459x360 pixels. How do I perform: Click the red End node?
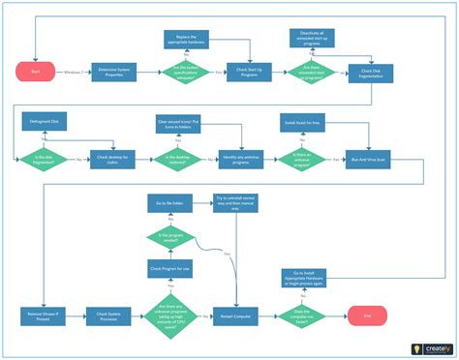tap(367, 315)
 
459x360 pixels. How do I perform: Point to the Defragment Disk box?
tap(41, 122)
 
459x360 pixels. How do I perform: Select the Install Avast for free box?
tap(301, 123)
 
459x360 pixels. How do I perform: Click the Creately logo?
tap(426, 346)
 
